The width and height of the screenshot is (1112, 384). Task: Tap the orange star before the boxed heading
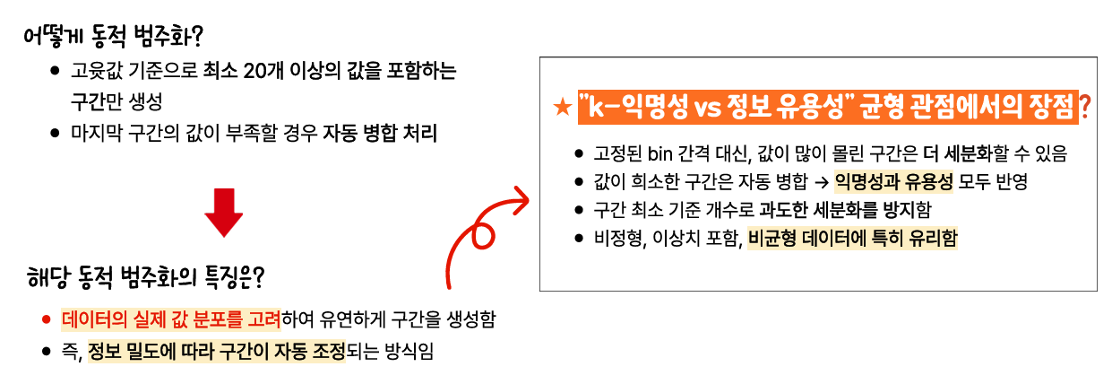[x=562, y=109]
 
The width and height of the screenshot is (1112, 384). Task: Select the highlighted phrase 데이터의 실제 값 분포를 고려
[x=171, y=319]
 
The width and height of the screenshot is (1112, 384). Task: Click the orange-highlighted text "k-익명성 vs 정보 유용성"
[x=713, y=108]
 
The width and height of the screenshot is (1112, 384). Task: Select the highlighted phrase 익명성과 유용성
[x=893, y=182]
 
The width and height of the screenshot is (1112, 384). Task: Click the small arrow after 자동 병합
[x=820, y=182]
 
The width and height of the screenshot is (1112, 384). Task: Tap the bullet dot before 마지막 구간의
[x=56, y=135]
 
